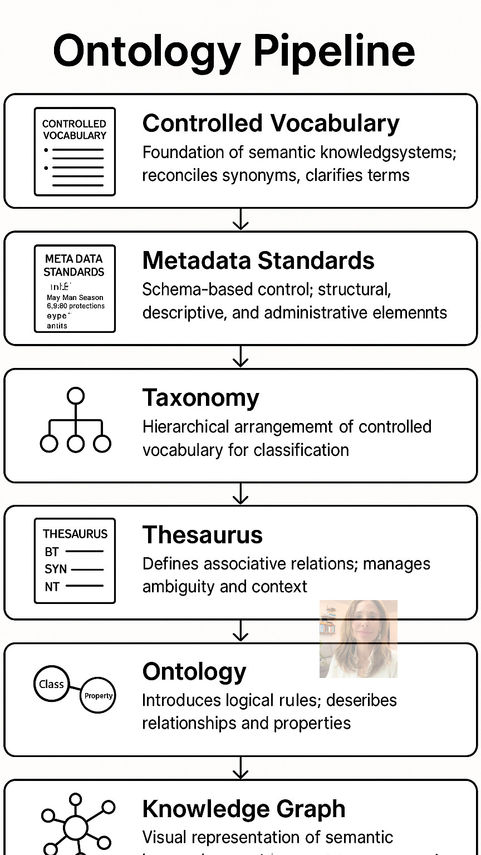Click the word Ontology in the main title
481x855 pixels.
(146, 51)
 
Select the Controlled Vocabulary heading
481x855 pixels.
(271, 123)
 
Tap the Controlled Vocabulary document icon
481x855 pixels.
(75, 151)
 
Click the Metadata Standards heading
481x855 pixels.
(258, 261)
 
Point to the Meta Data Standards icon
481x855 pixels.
(75, 288)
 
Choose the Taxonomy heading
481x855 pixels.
(200, 397)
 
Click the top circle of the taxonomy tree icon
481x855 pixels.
(75, 396)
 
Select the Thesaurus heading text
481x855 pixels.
(202, 534)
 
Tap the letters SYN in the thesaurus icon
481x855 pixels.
(55, 569)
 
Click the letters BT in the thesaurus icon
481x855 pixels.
(52, 552)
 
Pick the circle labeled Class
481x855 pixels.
(51, 684)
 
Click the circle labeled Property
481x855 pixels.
(98, 695)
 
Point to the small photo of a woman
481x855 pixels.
(358, 638)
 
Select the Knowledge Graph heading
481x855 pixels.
(244, 809)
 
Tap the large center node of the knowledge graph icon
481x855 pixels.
(75, 828)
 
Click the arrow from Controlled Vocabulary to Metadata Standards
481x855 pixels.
(240, 219)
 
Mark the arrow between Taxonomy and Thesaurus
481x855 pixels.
(240, 494)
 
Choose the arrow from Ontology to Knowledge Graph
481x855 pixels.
(240, 768)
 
